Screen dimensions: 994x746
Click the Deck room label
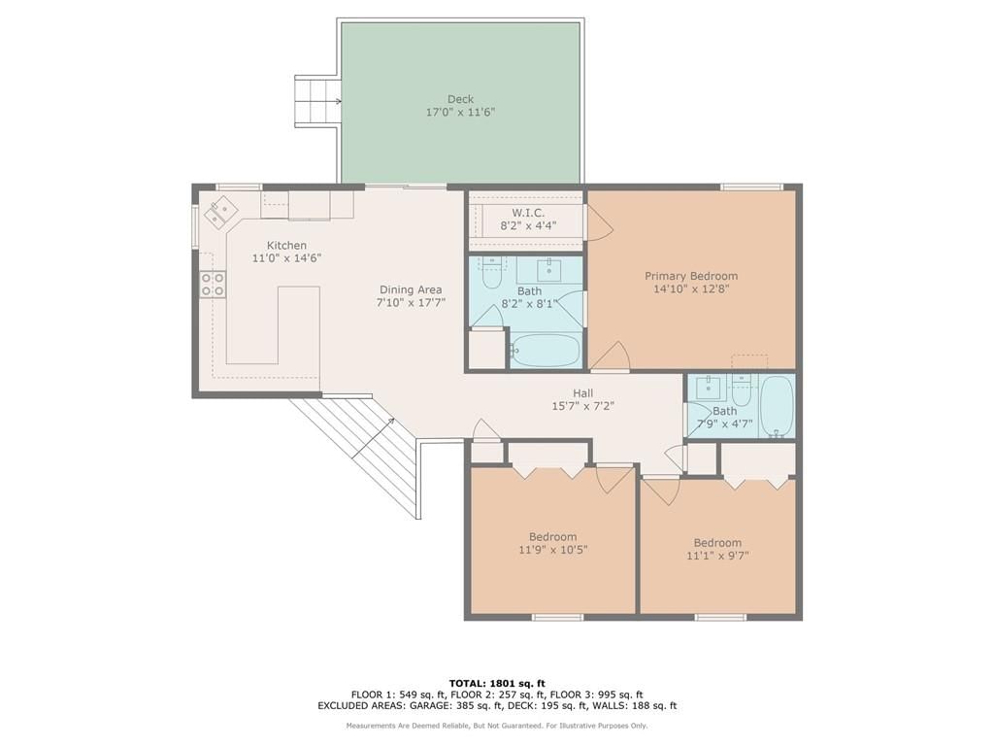[460, 99]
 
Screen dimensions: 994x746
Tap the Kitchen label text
[286, 246]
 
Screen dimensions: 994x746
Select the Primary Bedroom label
[691, 276]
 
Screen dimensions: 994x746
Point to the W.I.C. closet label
[528, 213]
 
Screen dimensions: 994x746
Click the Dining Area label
[411, 289]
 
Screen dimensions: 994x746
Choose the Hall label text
[583, 393]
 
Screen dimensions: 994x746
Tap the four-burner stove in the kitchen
[213, 284]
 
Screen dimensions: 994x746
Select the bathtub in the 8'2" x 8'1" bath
[546, 350]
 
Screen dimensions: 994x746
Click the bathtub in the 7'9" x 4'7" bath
[777, 407]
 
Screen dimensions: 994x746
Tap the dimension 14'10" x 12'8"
[691, 289]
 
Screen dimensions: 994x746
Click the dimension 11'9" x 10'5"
[552, 550]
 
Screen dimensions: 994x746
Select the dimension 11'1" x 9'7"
[717, 557]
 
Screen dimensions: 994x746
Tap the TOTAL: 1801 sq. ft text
[497, 683]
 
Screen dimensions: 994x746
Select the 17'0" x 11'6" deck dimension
[460, 113]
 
